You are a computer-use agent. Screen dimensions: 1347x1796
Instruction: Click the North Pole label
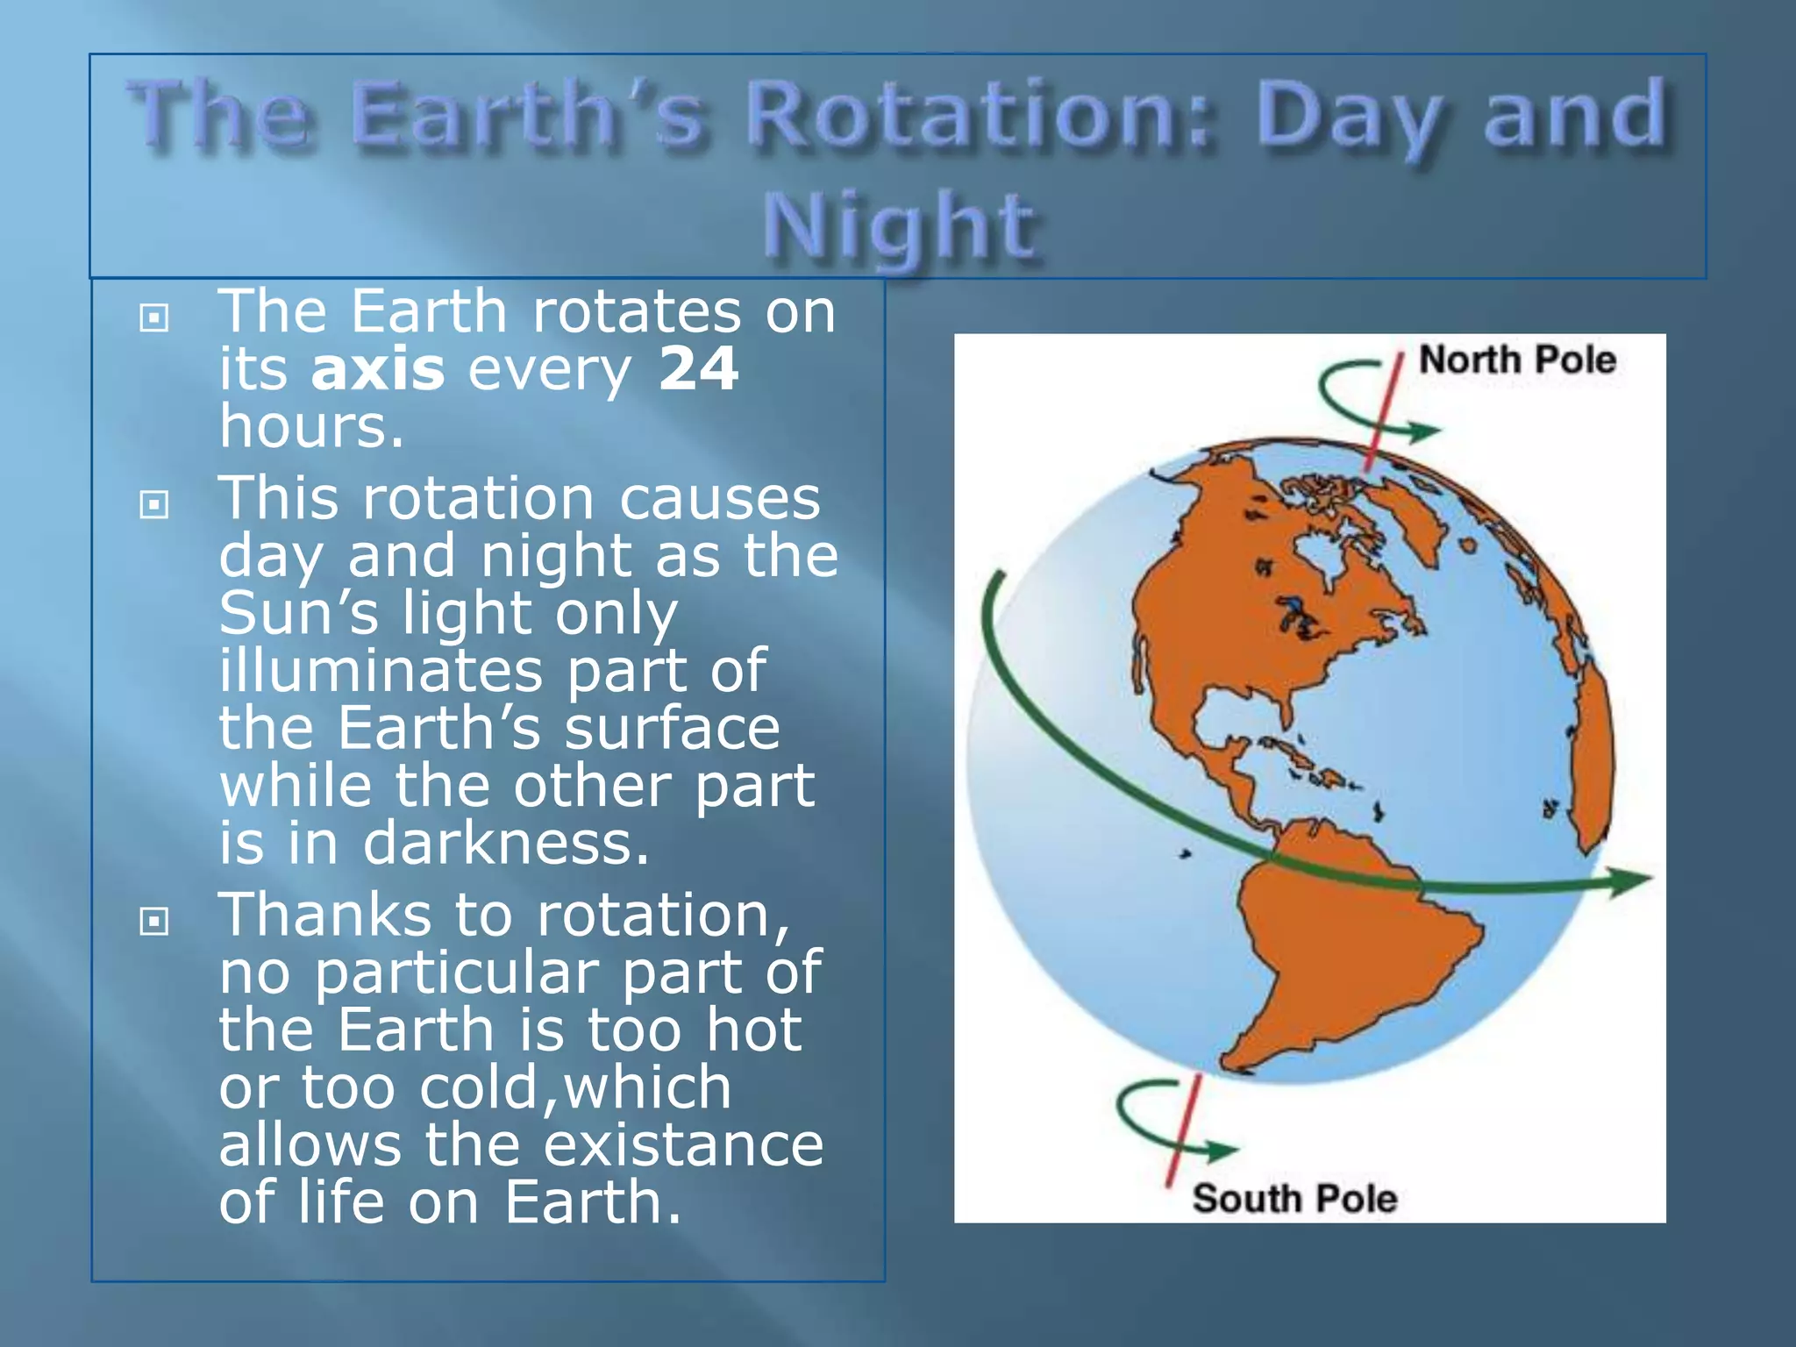tap(1517, 360)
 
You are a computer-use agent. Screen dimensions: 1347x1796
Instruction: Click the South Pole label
tap(1294, 1199)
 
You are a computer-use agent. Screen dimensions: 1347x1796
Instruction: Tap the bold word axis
tap(378, 369)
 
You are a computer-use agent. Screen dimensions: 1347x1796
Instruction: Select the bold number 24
tap(698, 369)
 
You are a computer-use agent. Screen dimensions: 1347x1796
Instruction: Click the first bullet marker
tap(154, 317)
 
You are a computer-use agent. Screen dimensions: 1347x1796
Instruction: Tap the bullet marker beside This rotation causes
tap(154, 504)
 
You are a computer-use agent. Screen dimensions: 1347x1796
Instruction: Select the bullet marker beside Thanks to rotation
tap(154, 921)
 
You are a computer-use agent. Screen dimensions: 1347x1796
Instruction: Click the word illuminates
tap(381, 671)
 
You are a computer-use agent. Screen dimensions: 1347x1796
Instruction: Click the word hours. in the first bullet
tap(311, 427)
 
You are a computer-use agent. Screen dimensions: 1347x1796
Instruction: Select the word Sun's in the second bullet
tap(298, 613)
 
